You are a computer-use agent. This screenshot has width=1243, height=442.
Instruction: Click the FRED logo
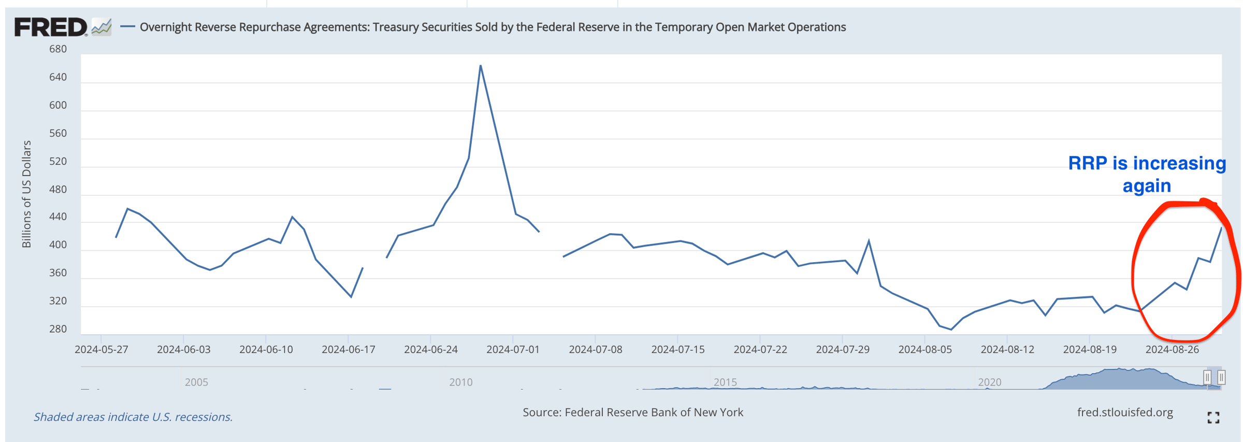tap(51, 27)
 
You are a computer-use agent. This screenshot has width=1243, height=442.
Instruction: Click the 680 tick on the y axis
tap(58, 49)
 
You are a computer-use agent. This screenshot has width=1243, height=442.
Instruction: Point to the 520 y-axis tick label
tap(58, 161)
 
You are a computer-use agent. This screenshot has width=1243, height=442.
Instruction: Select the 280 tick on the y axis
tap(58, 329)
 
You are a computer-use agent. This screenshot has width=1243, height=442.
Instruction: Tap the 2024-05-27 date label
tap(102, 350)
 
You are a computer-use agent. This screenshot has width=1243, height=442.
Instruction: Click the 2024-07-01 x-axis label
tap(513, 350)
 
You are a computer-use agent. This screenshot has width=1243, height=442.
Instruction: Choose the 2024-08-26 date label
tap(1172, 350)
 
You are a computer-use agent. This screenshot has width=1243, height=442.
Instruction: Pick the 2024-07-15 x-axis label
tap(678, 350)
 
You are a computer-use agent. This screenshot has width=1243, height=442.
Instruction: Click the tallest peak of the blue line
tap(481, 66)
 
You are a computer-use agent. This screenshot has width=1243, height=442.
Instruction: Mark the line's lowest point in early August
tap(951, 329)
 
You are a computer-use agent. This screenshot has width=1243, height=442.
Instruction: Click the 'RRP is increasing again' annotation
tap(1147, 175)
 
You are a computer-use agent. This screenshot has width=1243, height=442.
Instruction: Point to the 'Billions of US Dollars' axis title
tap(26, 194)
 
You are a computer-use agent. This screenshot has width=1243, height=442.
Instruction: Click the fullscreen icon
tap(1213, 418)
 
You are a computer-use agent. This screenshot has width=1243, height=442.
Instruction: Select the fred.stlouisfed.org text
tap(1125, 412)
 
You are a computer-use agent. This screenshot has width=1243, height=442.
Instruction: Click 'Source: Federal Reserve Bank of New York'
tap(632, 412)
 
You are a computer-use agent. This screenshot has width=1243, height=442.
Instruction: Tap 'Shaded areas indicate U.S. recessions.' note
tap(133, 417)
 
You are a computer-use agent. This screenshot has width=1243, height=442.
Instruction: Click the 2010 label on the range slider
tap(460, 382)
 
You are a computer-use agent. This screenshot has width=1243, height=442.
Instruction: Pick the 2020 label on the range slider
tap(989, 382)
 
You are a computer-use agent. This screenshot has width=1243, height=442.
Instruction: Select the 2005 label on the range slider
tap(196, 382)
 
